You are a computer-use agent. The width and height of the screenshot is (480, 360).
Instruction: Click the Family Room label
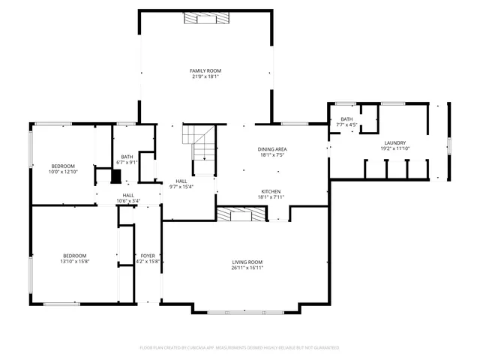point(205,70)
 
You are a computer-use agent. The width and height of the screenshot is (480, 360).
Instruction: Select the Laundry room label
point(394,142)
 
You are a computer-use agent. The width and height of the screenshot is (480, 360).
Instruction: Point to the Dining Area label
point(273,149)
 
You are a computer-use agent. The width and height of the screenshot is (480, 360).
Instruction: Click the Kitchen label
point(271,191)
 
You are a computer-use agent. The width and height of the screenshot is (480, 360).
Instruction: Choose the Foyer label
point(148,256)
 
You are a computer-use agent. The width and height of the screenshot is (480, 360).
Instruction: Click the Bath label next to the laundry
point(346,119)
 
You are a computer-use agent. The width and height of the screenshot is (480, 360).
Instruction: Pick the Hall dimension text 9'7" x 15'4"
point(181,187)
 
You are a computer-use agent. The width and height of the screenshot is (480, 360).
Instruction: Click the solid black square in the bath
point(115,177)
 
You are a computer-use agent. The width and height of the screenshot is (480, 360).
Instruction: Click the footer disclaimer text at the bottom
point(239,348)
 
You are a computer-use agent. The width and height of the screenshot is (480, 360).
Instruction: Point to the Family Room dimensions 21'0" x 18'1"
point(205,76)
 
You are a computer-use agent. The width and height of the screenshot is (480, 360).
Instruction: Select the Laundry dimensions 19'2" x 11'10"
point(394,148)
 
